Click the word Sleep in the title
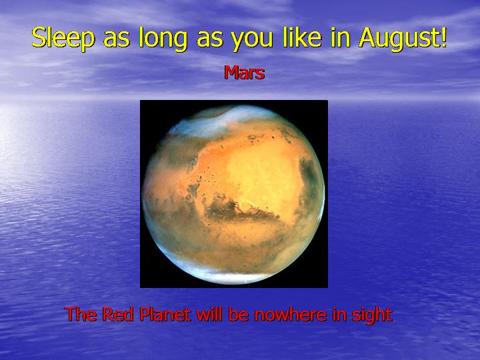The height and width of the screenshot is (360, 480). click(x=63, y=38)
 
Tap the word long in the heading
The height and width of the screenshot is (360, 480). click(x=163, y=38)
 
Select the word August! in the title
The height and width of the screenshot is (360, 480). click(x=403, y=38)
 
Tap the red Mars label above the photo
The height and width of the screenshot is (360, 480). click(x=244, y=72)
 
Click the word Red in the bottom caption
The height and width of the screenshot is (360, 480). click(x=117, y=314)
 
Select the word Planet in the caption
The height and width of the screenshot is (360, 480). click(x=165, y=314)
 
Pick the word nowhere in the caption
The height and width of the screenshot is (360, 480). click(x=291, y=314)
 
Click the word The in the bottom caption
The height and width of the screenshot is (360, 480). click(x=80, y=314)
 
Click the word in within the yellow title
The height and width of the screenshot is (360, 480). click(x=340, y=37)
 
